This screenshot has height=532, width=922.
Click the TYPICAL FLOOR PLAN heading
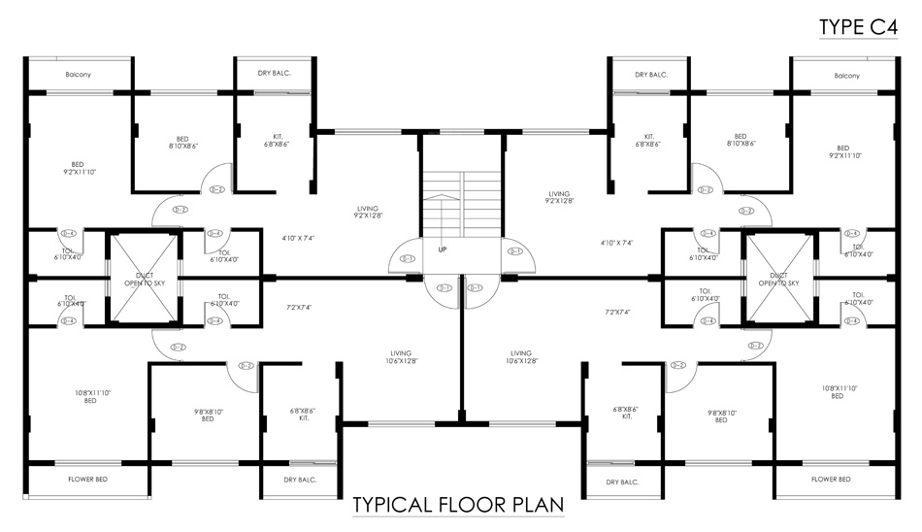pos(458,506)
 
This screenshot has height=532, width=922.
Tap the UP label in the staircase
pos(443,249)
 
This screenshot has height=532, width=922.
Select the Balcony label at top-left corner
pos(79,75)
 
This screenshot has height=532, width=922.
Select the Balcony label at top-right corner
pos(846,75)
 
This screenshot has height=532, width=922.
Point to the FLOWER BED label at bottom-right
pos(831,480)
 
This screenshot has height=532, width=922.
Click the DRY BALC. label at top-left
pos(275,74)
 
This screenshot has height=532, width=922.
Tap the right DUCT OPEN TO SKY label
pos(778,280)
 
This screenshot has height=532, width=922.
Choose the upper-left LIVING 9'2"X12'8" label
pos(367,213)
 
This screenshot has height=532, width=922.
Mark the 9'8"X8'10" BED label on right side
pos(721,416)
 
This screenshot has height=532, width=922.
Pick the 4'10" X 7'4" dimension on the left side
pos(298,238)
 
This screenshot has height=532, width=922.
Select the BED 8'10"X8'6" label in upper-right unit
pos(741,141)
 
